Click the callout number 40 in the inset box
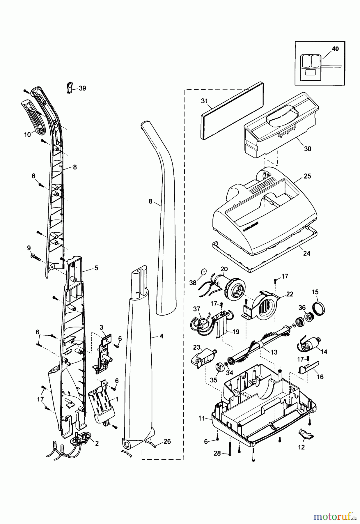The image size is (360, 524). click(x=335, y=49)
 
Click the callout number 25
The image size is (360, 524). click(x=307, y=176)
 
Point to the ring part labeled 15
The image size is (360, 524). click(x=319, y=309)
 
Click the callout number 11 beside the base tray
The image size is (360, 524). click(x=202, y=419)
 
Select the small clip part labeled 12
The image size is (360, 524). click(x=306, y=436)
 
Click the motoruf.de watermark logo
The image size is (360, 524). click(x=334, y=516)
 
